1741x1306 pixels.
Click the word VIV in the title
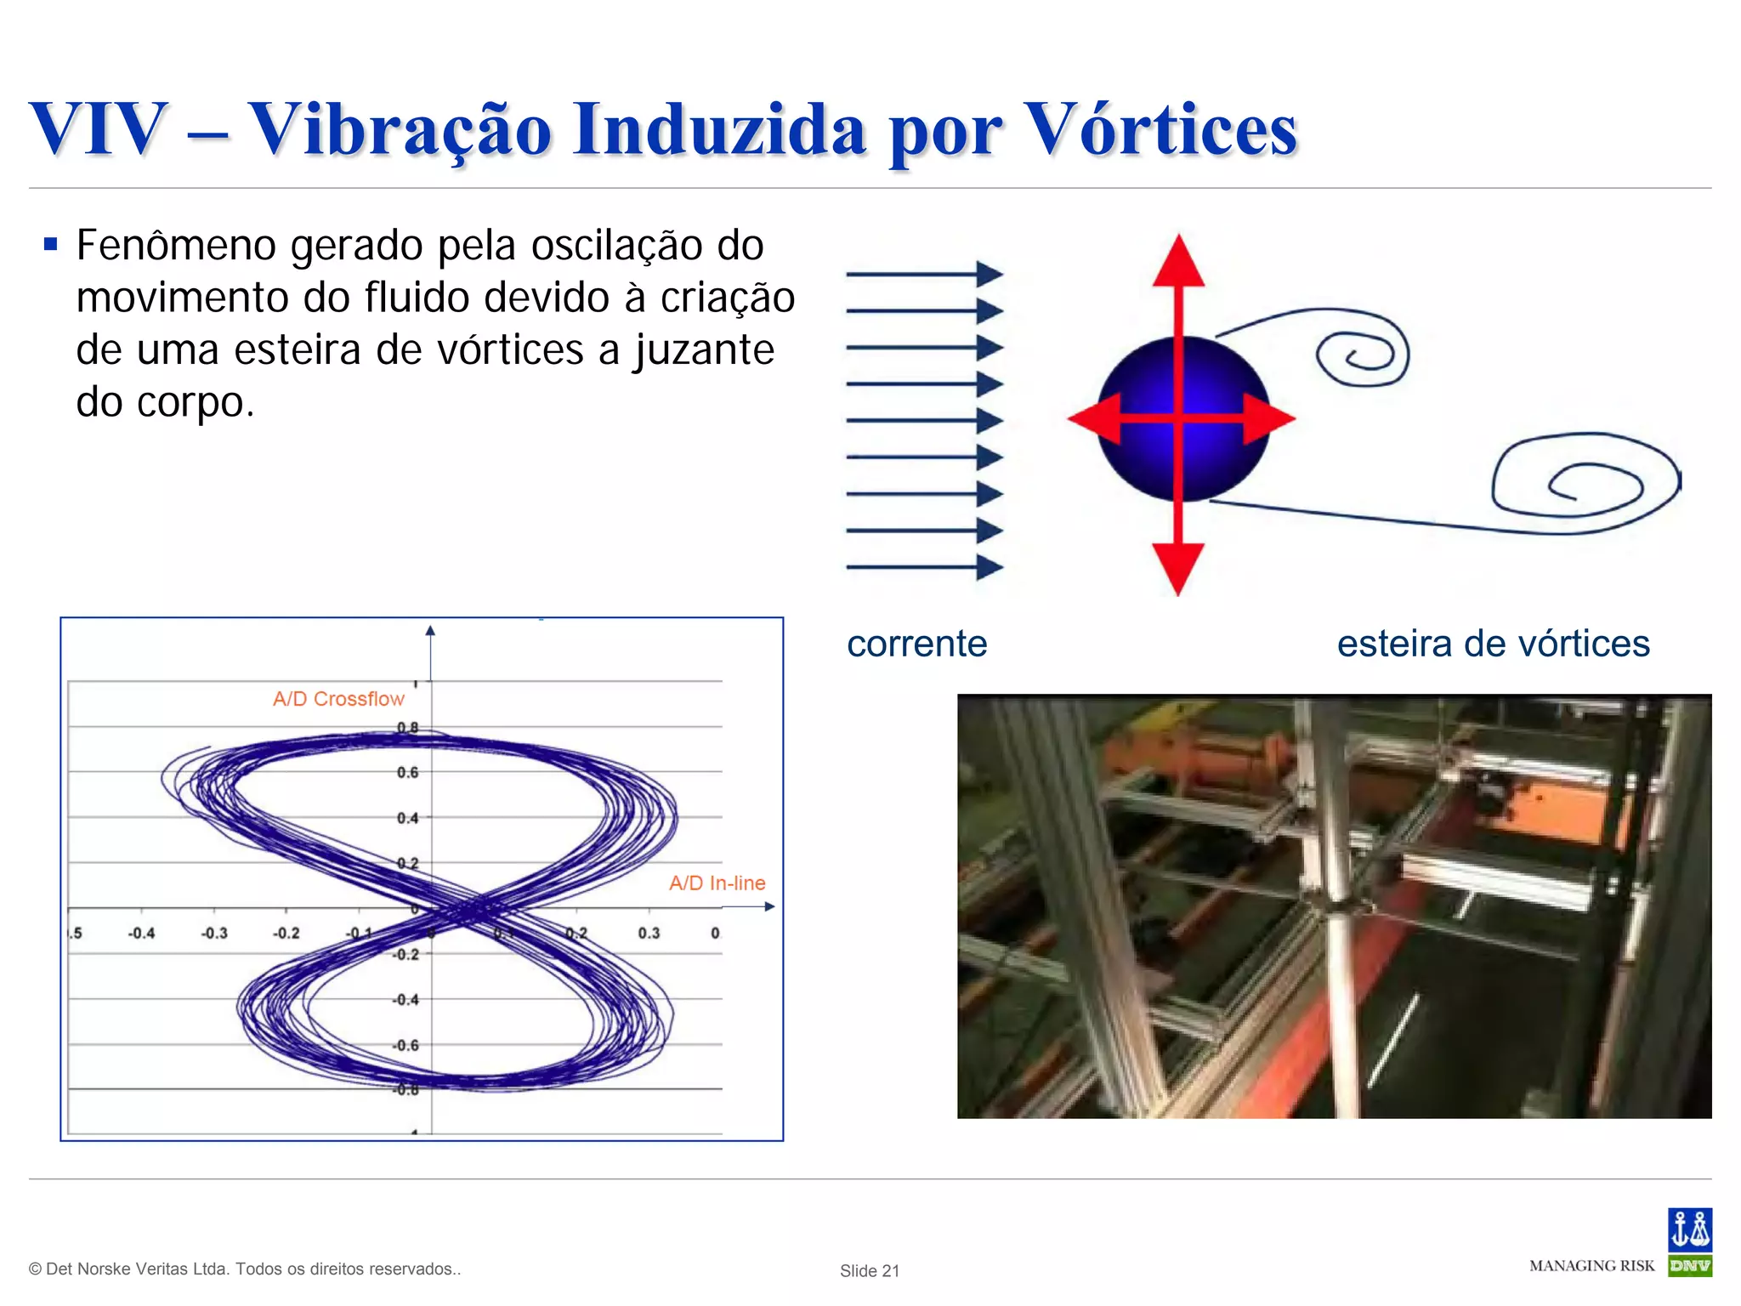tap(99, 129)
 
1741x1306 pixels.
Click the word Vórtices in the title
tap(1161, 129)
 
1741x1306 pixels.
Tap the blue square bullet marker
tap(51, 246)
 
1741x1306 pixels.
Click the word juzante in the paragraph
tap(704, 350)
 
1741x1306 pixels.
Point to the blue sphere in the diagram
tap(1139, 459)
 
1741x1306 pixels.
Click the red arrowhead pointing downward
tap(1178, 568)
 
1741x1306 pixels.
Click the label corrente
tap(916, 644)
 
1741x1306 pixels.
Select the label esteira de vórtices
tap(1493, 644)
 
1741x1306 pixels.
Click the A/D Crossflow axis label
tap(338, 699)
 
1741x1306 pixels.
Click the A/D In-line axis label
tap(717, 883)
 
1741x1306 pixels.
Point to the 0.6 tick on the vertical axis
tap(408, 773)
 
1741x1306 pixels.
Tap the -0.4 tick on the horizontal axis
tap(141, 934)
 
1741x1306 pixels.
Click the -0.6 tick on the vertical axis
tap(406, 1046)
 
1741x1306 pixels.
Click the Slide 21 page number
tap(869, 1270)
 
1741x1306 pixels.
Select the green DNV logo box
tap(1689, 1266)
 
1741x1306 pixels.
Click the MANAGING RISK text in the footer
tap(1591, 1266)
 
